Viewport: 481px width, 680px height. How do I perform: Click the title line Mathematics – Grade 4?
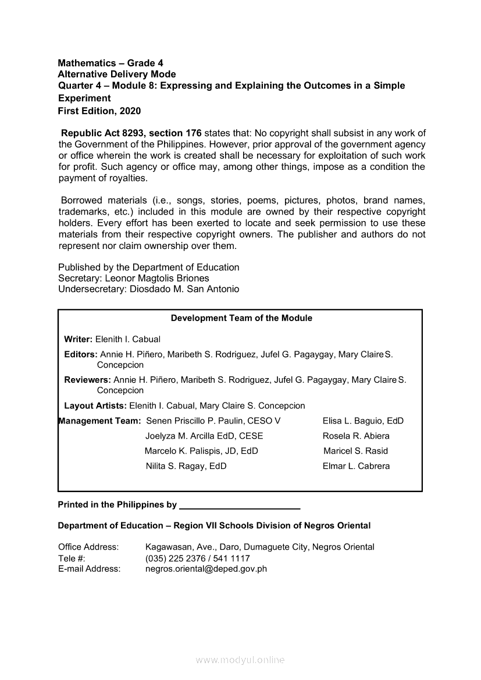click(106, 63)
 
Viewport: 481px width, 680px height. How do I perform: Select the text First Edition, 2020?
click(99, 111)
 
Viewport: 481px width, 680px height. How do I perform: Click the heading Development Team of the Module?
click(241, 318)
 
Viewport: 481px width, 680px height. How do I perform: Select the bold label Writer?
click(78, 339)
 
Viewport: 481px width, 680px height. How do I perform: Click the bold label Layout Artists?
click(95, 405)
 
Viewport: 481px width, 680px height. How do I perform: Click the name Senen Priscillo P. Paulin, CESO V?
click(213, 421)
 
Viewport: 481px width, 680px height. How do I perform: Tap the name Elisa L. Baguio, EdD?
click(363, 421)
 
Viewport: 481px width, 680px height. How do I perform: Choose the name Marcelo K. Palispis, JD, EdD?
click(201, 451)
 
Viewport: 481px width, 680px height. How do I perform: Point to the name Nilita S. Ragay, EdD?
click(186, 466)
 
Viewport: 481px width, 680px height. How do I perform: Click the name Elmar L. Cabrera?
click(356, 466)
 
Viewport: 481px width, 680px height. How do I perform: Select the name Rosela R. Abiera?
click(356, 436)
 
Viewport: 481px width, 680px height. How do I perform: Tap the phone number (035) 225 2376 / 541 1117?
click(198, 558)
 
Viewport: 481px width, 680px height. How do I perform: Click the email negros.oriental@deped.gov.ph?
click(206, 569)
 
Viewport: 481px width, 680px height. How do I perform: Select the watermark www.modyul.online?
click(240, 660)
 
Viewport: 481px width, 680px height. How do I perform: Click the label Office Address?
click(88, 547)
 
